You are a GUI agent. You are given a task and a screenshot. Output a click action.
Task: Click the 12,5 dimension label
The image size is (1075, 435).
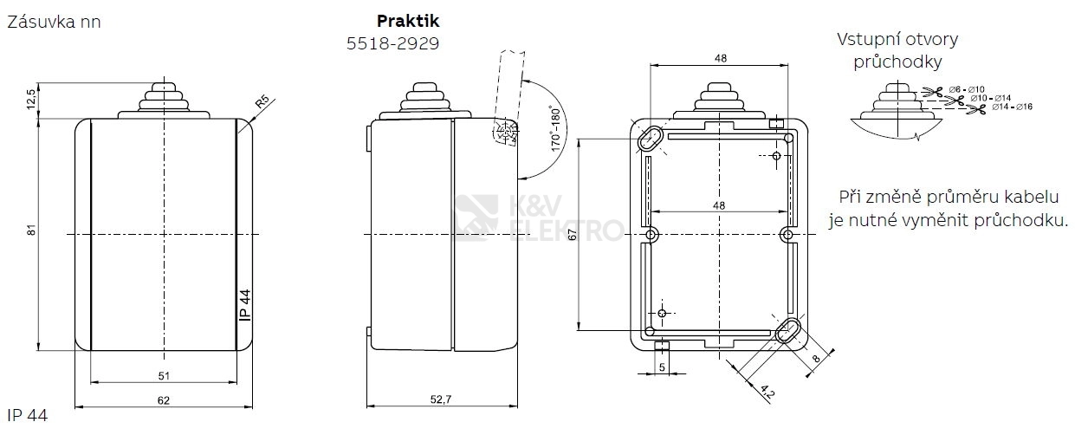30,99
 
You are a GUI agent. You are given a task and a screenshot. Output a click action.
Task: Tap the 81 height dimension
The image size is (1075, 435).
31,230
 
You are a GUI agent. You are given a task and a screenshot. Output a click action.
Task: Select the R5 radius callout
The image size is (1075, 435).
262,102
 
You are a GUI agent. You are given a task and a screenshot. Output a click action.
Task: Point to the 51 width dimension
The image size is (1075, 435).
164,375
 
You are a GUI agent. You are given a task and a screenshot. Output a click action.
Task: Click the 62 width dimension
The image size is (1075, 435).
164,400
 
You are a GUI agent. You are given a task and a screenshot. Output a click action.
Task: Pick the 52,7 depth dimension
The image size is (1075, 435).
441,399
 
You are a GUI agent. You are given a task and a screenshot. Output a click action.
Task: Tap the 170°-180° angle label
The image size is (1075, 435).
555,128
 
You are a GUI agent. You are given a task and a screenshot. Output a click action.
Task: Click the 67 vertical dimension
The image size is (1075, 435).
572,234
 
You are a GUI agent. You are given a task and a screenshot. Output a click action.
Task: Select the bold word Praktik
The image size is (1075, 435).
408,21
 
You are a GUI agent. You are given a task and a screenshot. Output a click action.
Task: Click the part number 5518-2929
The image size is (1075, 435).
392,43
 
